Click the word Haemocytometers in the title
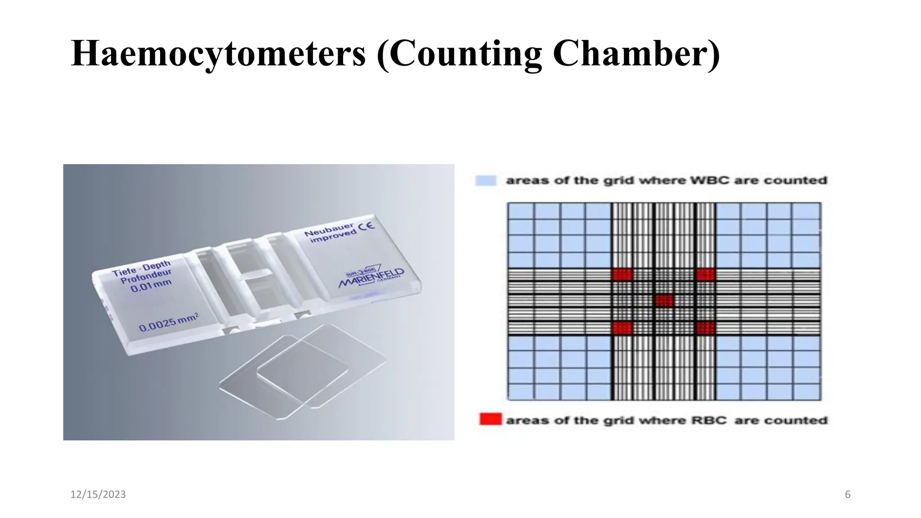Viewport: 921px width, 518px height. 219,54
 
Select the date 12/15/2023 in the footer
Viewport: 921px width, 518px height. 98,495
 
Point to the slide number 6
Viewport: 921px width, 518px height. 848,495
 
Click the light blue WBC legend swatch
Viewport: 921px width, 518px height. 486,181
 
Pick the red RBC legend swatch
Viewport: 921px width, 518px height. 490,420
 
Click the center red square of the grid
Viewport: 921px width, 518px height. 664,300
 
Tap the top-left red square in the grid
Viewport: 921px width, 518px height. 622,274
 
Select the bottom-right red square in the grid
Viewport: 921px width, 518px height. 705,328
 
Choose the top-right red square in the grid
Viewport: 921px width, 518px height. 705,274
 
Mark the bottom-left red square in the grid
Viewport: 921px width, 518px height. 622,328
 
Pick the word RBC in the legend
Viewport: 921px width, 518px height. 706,420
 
